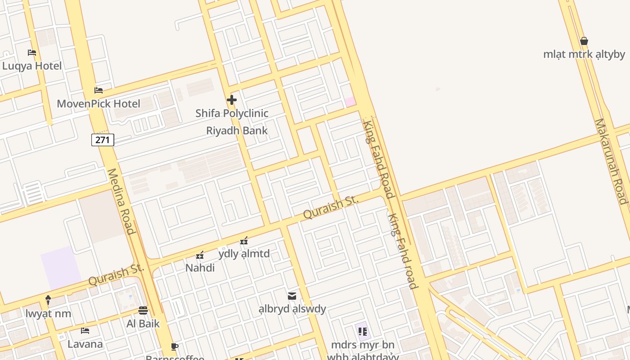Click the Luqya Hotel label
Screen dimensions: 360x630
point(32,66)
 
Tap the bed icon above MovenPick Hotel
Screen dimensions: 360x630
point(99,90)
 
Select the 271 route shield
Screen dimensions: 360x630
point(103,140)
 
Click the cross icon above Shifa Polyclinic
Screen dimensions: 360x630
point(232,100)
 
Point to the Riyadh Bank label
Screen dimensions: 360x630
point(237,130)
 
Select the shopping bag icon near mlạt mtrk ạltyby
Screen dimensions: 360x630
point(584,41)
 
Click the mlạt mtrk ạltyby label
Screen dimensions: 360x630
point(584,54)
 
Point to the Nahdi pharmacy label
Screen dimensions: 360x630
point(200,268)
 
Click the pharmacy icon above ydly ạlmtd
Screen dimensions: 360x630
point(244,241)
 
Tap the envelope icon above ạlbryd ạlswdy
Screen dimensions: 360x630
point(292,296)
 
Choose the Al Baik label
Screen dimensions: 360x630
point(143,323)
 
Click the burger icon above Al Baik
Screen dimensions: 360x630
point(143,310)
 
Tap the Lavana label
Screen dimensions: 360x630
point(85,344)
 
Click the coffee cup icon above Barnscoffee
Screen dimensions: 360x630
point(175,346)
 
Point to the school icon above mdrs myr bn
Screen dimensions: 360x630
point(363,332)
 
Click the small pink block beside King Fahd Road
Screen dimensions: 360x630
point(350,102)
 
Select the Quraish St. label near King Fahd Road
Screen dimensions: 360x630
point(331,207)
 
